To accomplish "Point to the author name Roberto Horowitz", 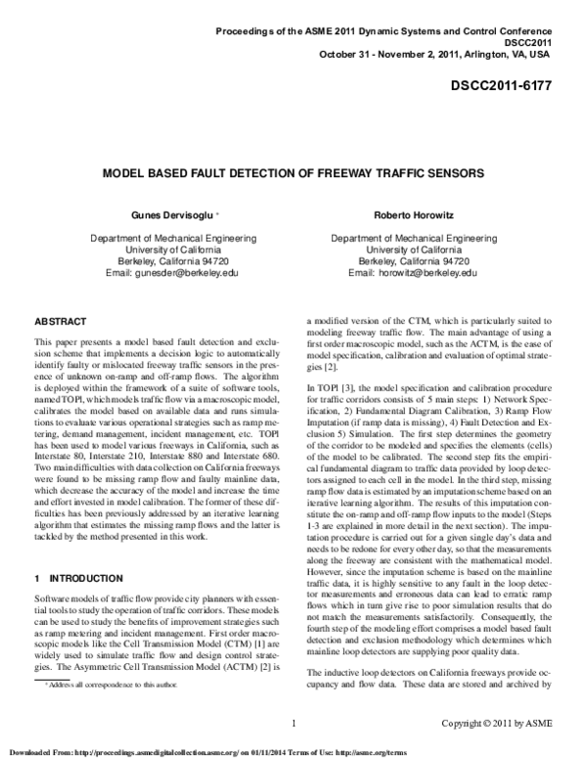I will tap(417, 212).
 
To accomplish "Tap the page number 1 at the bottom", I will tap(293, 723).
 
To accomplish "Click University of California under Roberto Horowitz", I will tap(417, 249).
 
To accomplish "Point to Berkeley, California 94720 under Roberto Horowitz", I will tap(417, 262).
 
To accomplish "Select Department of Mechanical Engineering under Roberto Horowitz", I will tap(417, 238).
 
